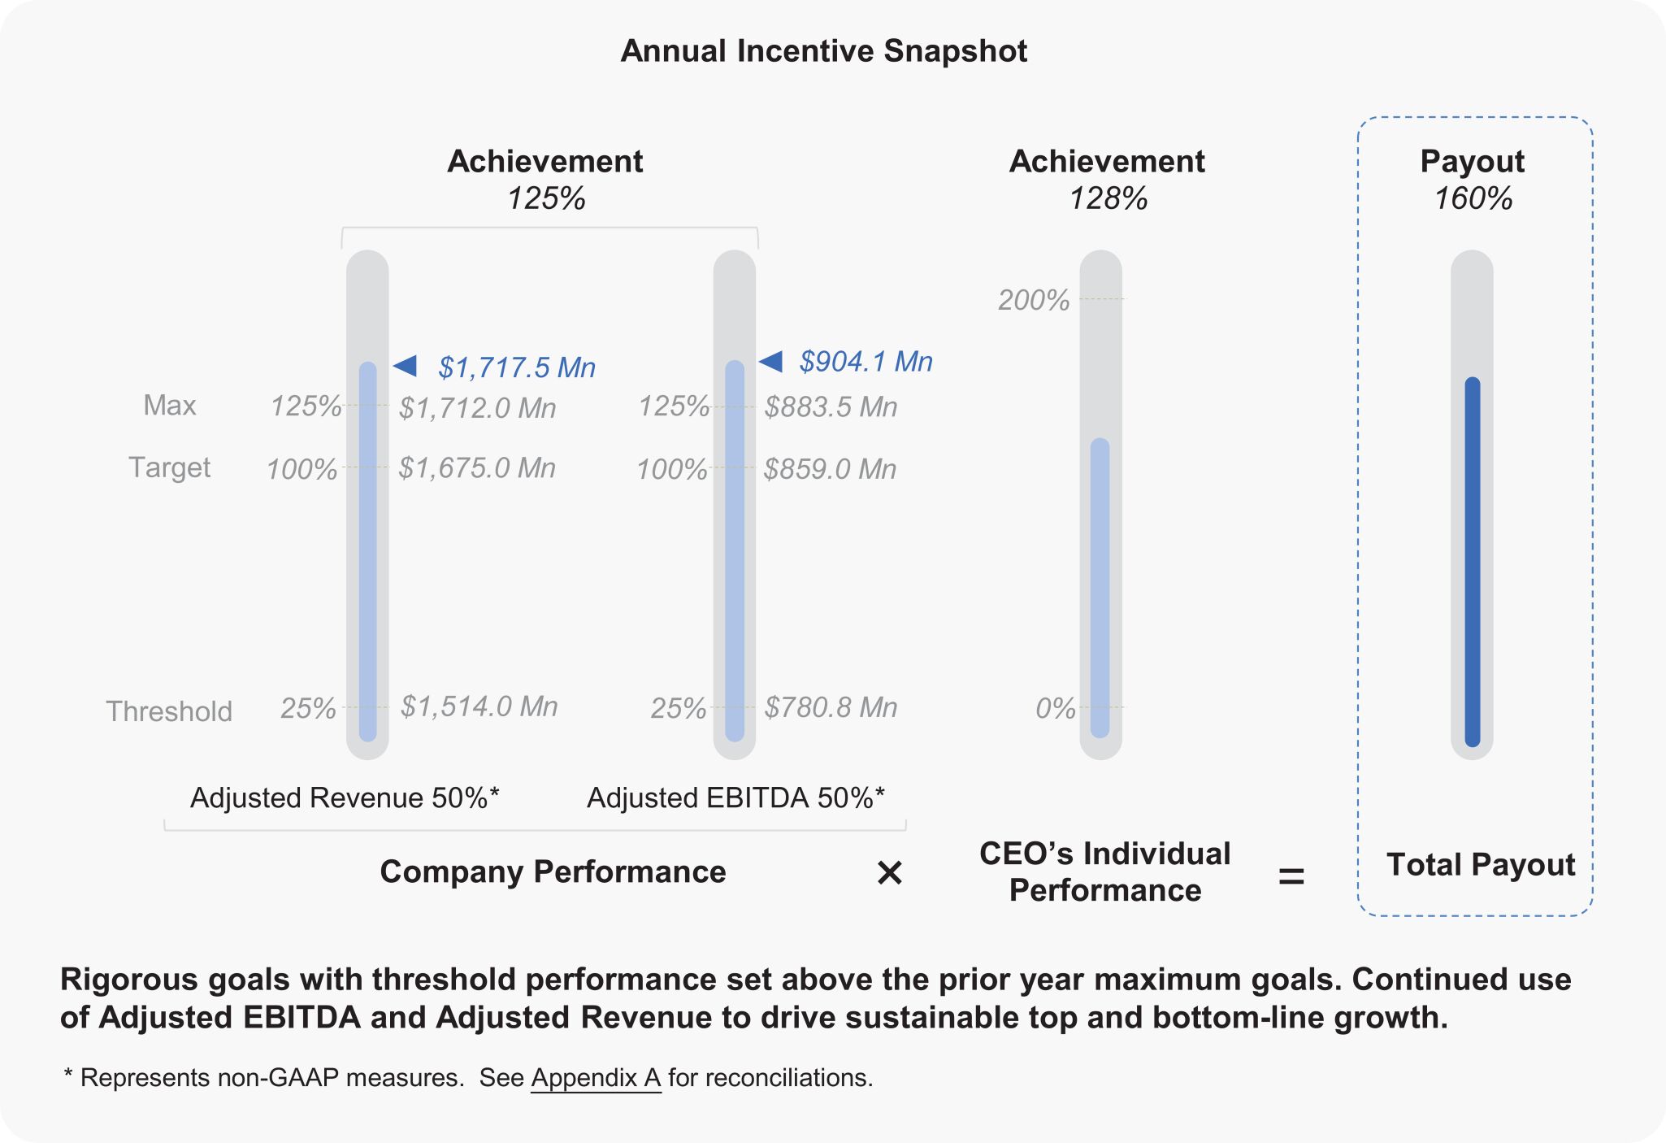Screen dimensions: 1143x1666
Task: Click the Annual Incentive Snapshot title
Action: [x=823, y=51]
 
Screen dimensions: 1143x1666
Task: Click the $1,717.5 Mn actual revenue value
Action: [x=517, y=367]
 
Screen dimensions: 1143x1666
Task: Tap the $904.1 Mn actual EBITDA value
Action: [x=866, y=362]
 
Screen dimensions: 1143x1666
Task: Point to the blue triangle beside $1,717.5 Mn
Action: [x=406, y=366]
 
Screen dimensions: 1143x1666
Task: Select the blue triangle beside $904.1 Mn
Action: [x=771, y=361]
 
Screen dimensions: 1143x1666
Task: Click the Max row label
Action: [x=169, y=405]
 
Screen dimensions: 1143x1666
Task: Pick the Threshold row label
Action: [x=169, y=711]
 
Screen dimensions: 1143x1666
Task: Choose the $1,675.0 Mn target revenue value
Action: [x=477, y=468]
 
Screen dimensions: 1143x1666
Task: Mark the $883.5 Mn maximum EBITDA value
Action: [x=831, y=406]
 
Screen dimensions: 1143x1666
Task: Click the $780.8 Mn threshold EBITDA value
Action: [x=831, y=707]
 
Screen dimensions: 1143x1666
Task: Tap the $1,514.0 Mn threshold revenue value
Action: [x=479, y=706]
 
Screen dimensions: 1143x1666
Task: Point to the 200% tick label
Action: [x=1033, y=300]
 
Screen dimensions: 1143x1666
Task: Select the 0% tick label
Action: [x=1055, y=709]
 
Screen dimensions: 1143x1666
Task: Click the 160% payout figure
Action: [x=1473, y=198]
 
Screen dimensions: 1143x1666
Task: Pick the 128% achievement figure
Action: [x=1108, y=198]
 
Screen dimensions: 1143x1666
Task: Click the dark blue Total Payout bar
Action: [x=1473, y=561]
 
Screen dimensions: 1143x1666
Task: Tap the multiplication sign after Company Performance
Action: [x=890, y=873]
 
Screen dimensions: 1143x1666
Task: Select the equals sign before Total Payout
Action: [x=1291, y=876]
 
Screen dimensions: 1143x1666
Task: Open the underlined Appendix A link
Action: [x=596, y=1078]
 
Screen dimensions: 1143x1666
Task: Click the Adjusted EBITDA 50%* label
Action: [x=735, y=798]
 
